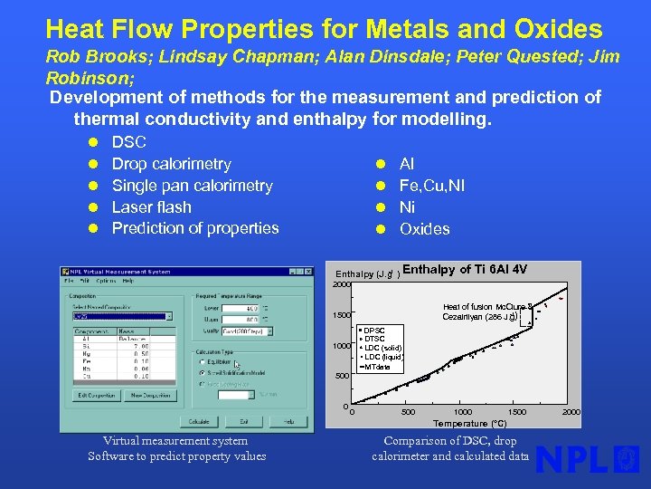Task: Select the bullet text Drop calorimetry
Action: (171, 164)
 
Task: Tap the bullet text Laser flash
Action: (151, 206)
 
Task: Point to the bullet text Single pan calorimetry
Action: (192, 186)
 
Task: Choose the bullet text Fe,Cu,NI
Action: (432, 186)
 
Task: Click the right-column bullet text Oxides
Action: (424, 229)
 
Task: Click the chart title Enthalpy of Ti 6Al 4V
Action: (465, 270)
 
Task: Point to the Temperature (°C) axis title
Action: (469, 423)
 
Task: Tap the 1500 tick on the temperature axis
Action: (517, 412)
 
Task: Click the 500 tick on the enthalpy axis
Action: (341, 376)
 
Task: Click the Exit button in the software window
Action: (243, 421)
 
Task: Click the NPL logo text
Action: (572, 460)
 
